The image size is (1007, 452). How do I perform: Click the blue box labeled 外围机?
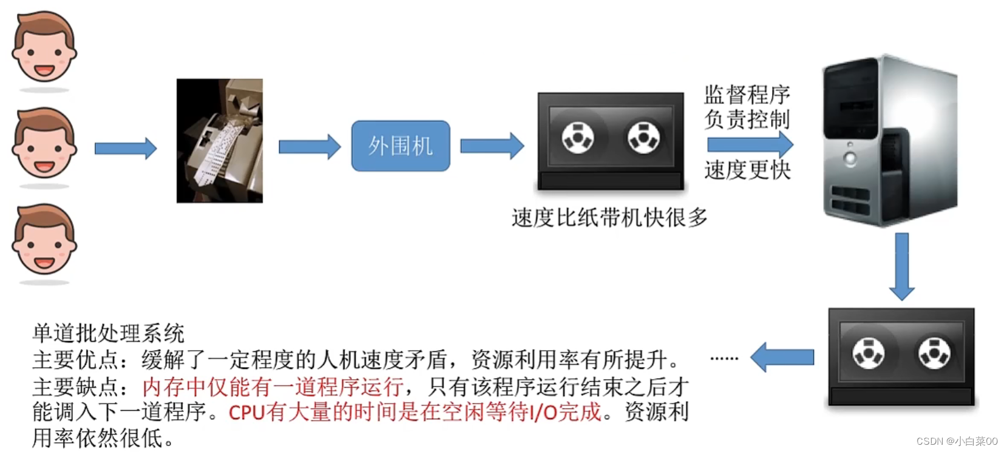pos(401,146)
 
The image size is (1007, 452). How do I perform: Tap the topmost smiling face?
pos(44,47)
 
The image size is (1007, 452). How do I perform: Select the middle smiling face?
pos(44,144)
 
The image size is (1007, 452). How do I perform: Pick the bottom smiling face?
pos(44,240)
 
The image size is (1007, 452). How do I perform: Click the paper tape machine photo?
pos(219,141)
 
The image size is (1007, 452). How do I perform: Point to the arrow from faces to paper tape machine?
pos(126,148)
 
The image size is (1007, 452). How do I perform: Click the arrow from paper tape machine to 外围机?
pos(310,147)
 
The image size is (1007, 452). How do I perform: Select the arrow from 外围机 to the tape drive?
pos(492,146)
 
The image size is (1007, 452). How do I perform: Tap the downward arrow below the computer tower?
pos(902,266)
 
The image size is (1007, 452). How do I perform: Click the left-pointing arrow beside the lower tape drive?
pos(782,357)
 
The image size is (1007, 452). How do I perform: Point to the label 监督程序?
pos(747,95)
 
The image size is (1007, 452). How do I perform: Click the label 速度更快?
pos(747,170)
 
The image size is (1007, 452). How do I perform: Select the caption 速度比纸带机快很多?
pos(609,217)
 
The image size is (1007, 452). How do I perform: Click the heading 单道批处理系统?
pos(108,333)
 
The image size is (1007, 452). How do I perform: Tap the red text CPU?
pos(246,413)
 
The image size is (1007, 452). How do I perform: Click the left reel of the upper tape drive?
pos(577,138)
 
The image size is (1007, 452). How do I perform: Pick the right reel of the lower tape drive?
pos(934,354)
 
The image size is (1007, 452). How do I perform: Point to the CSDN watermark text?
pos(957,441)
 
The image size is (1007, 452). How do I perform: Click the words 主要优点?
pos(75,360)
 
